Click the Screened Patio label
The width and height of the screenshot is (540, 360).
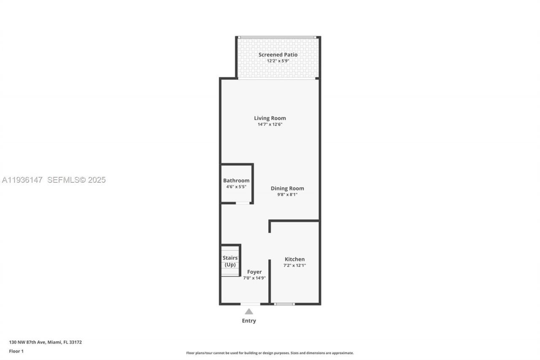coord(278,55)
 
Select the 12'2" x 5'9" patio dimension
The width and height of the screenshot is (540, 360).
coord(278,61)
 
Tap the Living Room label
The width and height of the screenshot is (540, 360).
coord(270,118)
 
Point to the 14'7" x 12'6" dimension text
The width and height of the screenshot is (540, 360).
coord(270,125)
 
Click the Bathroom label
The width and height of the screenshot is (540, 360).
coord(236,181)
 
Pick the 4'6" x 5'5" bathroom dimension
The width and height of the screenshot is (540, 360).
coord(236,187)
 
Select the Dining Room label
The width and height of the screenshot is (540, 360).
coord(287,189)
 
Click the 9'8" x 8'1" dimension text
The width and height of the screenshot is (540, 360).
coord(287,195)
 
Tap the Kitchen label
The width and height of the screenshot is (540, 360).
coord(294,259)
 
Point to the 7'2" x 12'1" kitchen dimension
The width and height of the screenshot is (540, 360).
coord(294,265)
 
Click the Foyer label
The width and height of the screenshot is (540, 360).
coord(254,272)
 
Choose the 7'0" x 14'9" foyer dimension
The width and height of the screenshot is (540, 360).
coord(254,278)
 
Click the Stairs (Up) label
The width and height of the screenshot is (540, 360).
coord(230,261)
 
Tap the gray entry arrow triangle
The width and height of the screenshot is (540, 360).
coord(249,311)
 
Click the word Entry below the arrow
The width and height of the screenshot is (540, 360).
coord(249,321)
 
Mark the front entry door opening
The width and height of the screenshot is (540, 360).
coord(250,303)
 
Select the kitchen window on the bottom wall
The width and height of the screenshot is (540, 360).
coord(284,303)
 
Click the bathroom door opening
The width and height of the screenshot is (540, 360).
coord(242,203)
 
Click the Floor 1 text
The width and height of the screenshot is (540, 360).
coord(16,351)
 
